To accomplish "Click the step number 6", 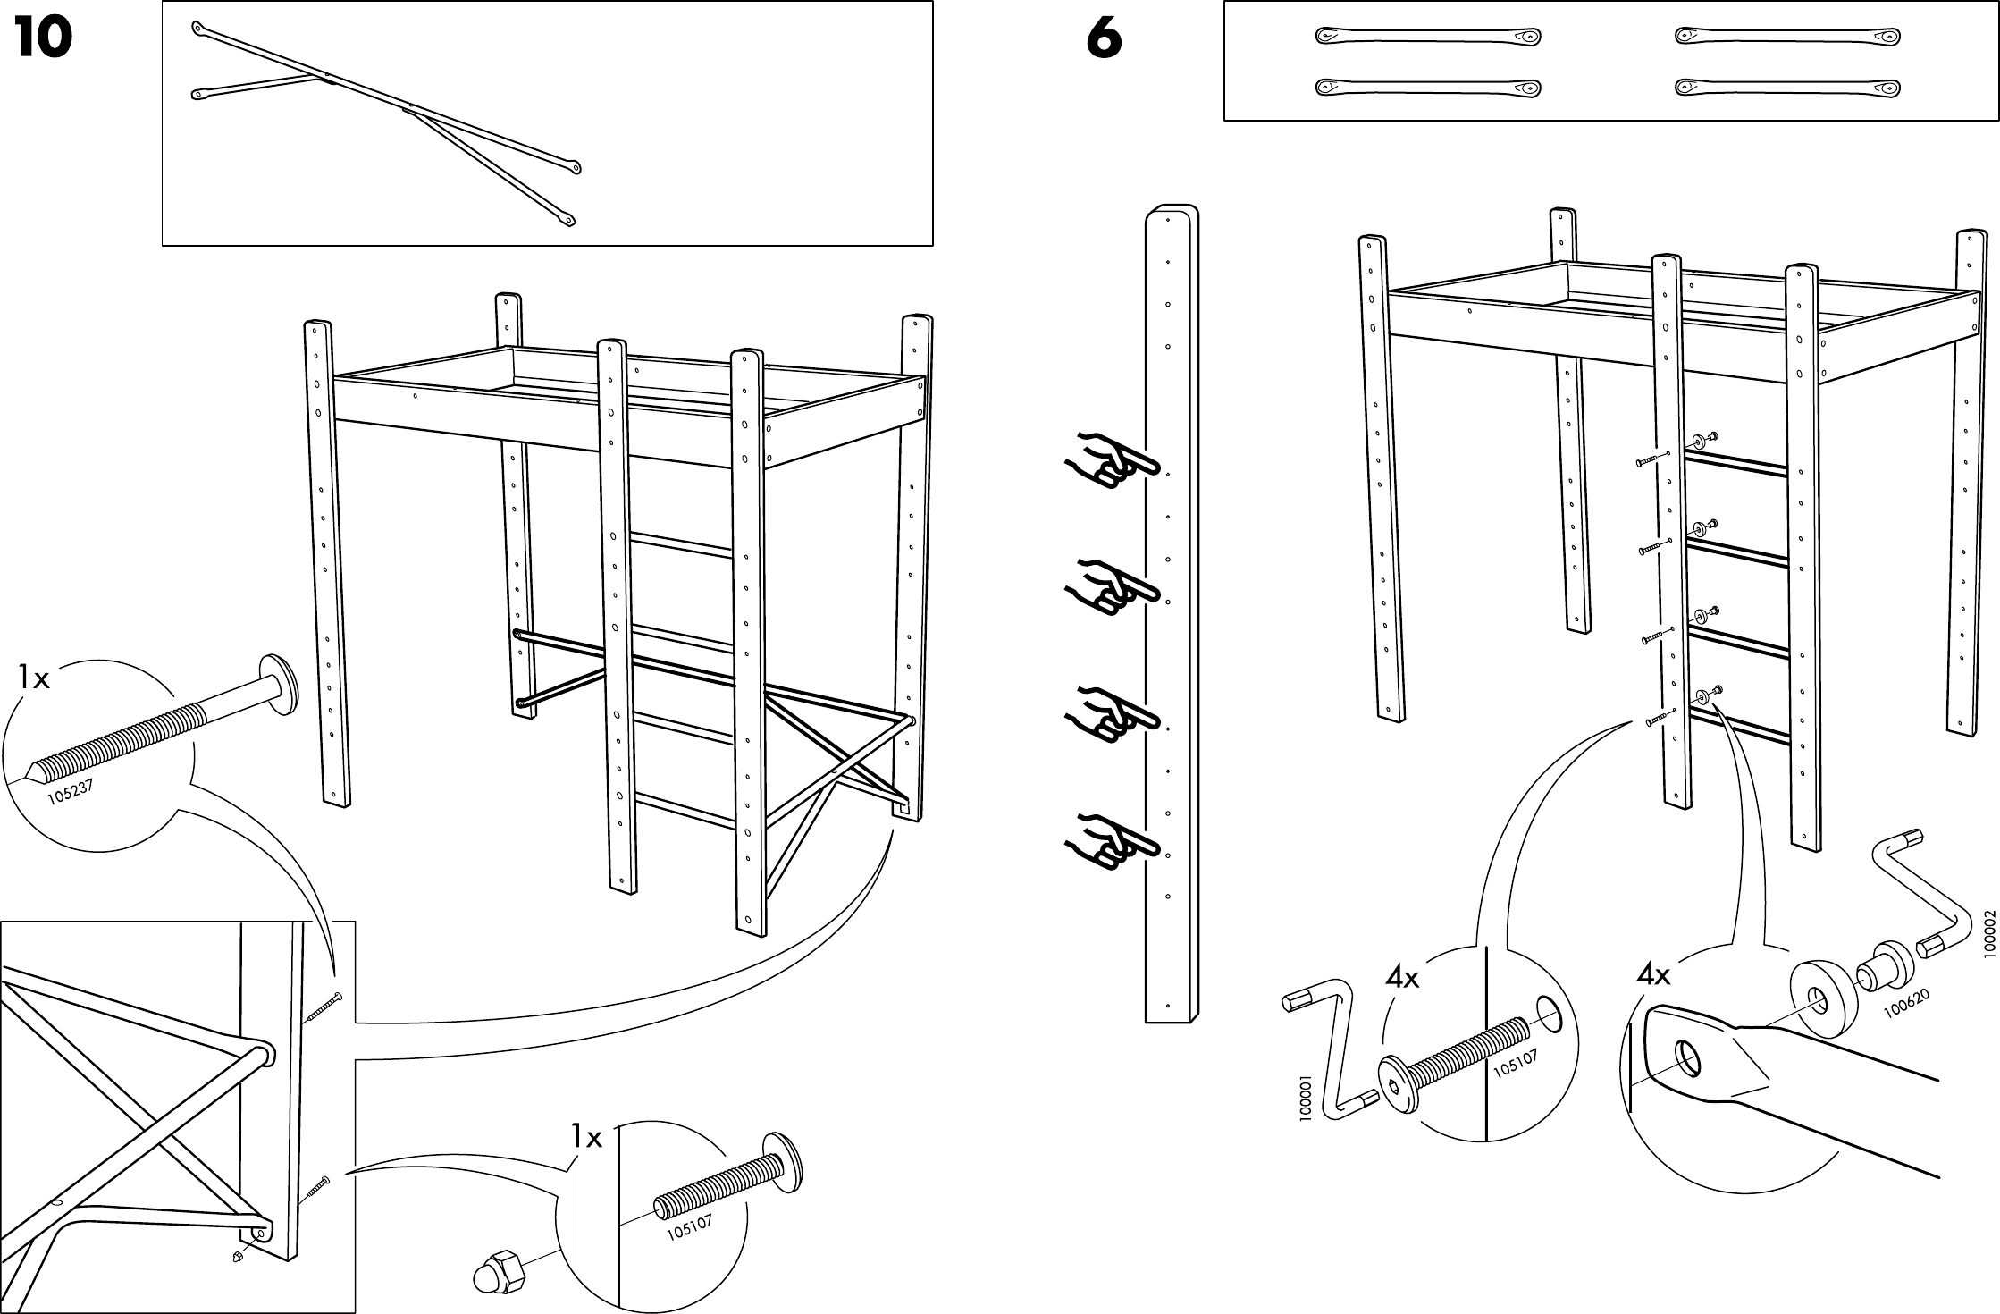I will coord(1104,39).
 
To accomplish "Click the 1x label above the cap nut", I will coord(586,1138).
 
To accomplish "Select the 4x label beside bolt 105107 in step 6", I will coord(1402,978).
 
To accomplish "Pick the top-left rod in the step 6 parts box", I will coord(1427,38).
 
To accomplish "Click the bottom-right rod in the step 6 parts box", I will coord(1786,88).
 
